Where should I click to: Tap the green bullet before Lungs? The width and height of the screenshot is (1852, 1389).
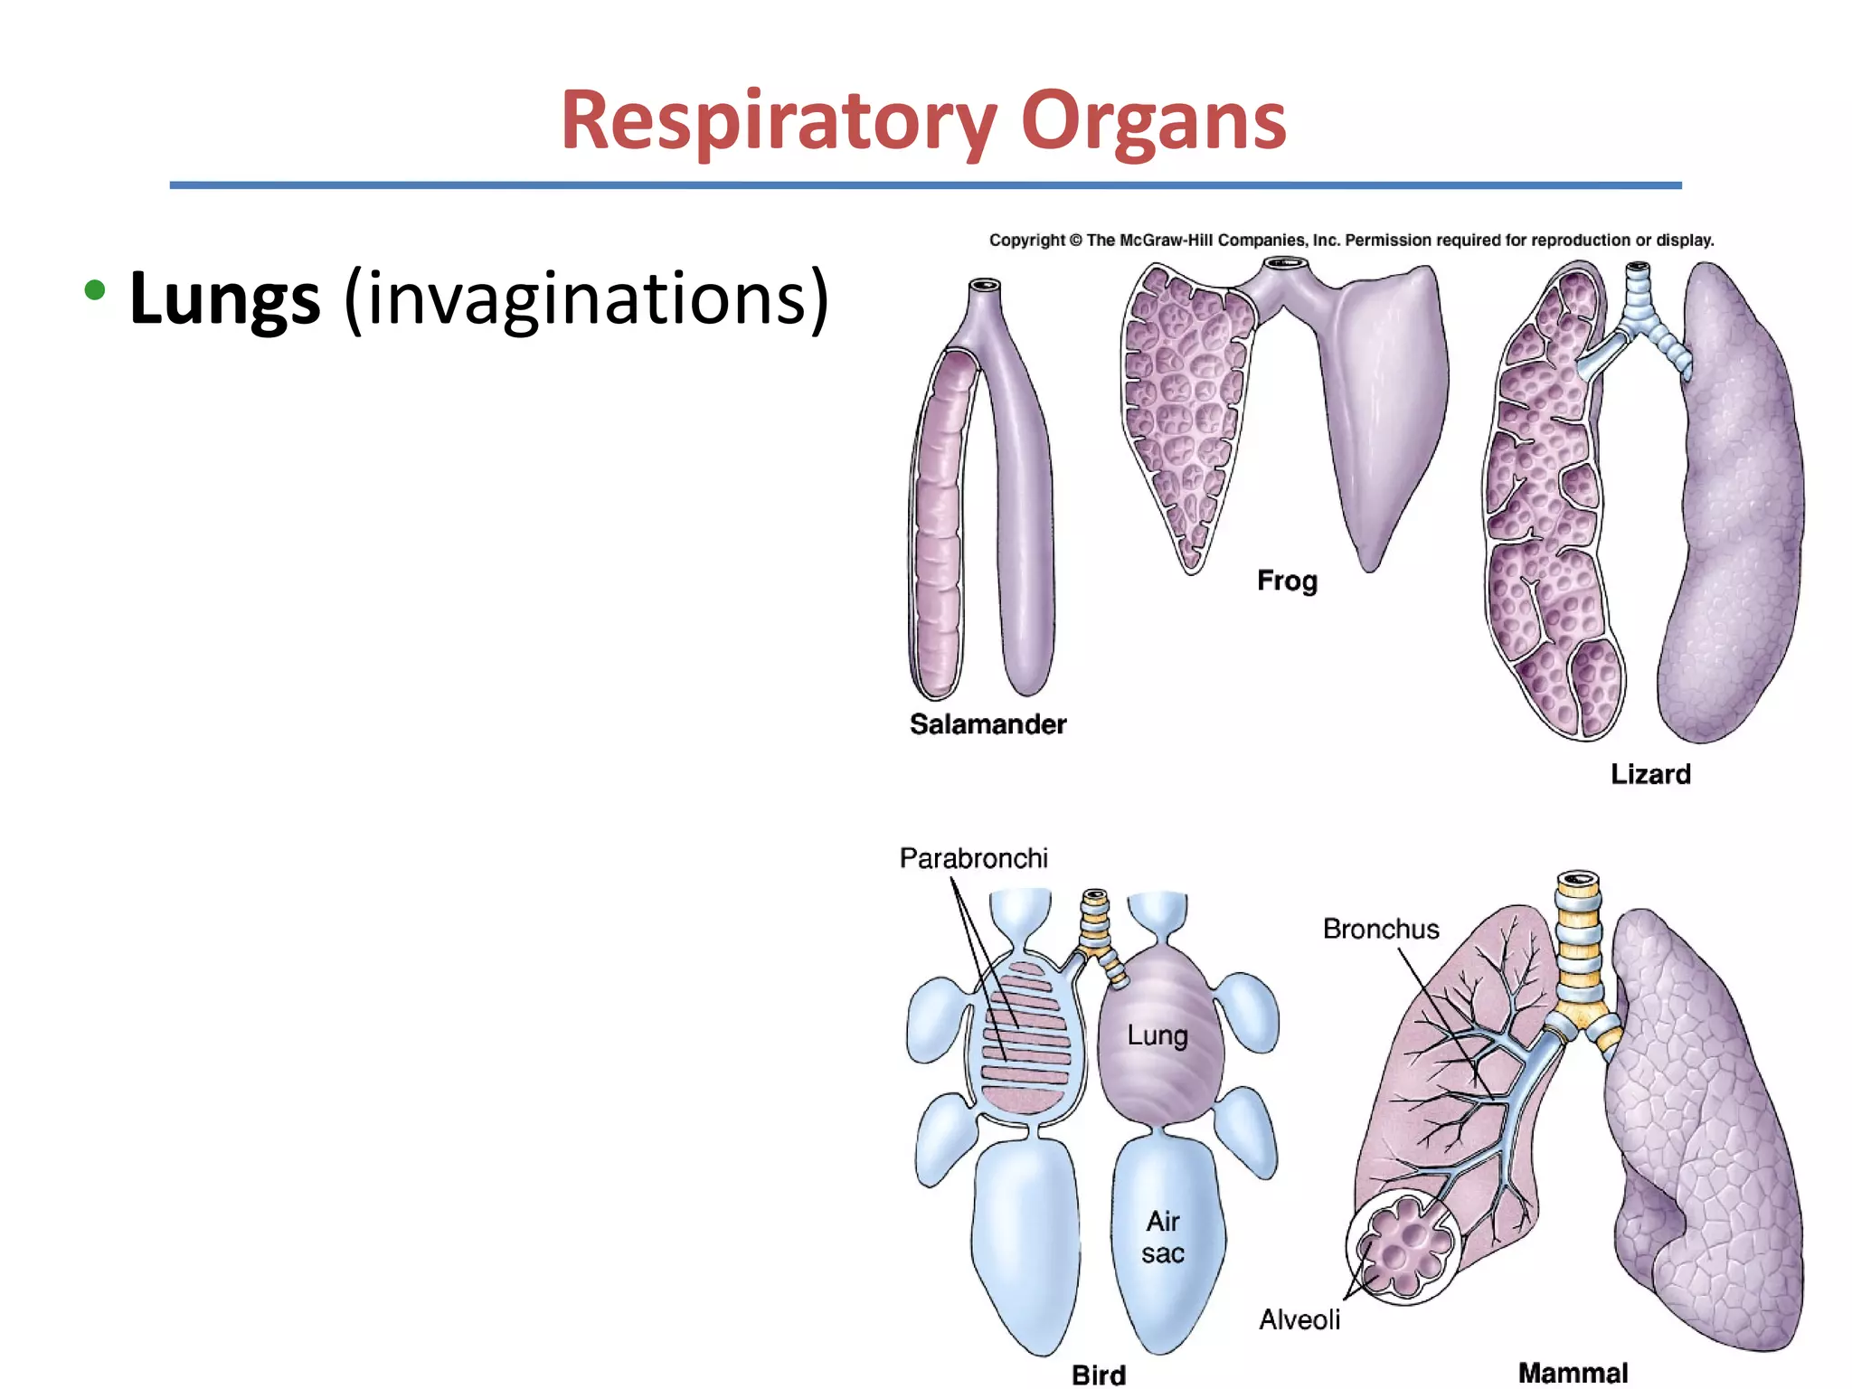(x=94, y=290)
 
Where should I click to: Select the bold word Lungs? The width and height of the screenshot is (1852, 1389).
(x=224, y=298)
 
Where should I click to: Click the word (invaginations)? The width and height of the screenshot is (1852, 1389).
(x=586, y=298)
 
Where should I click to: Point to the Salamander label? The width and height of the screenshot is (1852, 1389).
(x=987, y=723)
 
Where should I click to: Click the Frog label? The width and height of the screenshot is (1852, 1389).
(x=1287, y=580)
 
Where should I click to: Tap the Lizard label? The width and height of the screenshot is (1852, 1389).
(x=1650, y=774)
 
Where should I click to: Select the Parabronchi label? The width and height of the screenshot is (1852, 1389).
(x=973, y=857)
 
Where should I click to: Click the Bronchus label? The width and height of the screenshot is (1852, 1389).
(x=1380, y=929)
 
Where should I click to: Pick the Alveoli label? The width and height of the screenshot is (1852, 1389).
(x=1299, y=1319)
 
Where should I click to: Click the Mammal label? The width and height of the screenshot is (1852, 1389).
(x=1573, y=1373)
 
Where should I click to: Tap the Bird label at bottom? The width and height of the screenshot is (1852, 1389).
(x=1099, y=1375)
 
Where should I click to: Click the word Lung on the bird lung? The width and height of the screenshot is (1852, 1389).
(x=1157, y=1035)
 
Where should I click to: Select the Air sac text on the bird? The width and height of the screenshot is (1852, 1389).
(x=1163, y=1237)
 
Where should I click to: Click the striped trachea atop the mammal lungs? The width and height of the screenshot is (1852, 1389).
(x=1578, y=940)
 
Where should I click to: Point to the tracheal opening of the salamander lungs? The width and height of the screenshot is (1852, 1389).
(x=984, y=287)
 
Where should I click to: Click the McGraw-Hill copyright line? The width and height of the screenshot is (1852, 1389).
(x=1351, y=240)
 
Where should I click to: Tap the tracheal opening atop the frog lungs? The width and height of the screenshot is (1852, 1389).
(x=1285, y=264)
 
